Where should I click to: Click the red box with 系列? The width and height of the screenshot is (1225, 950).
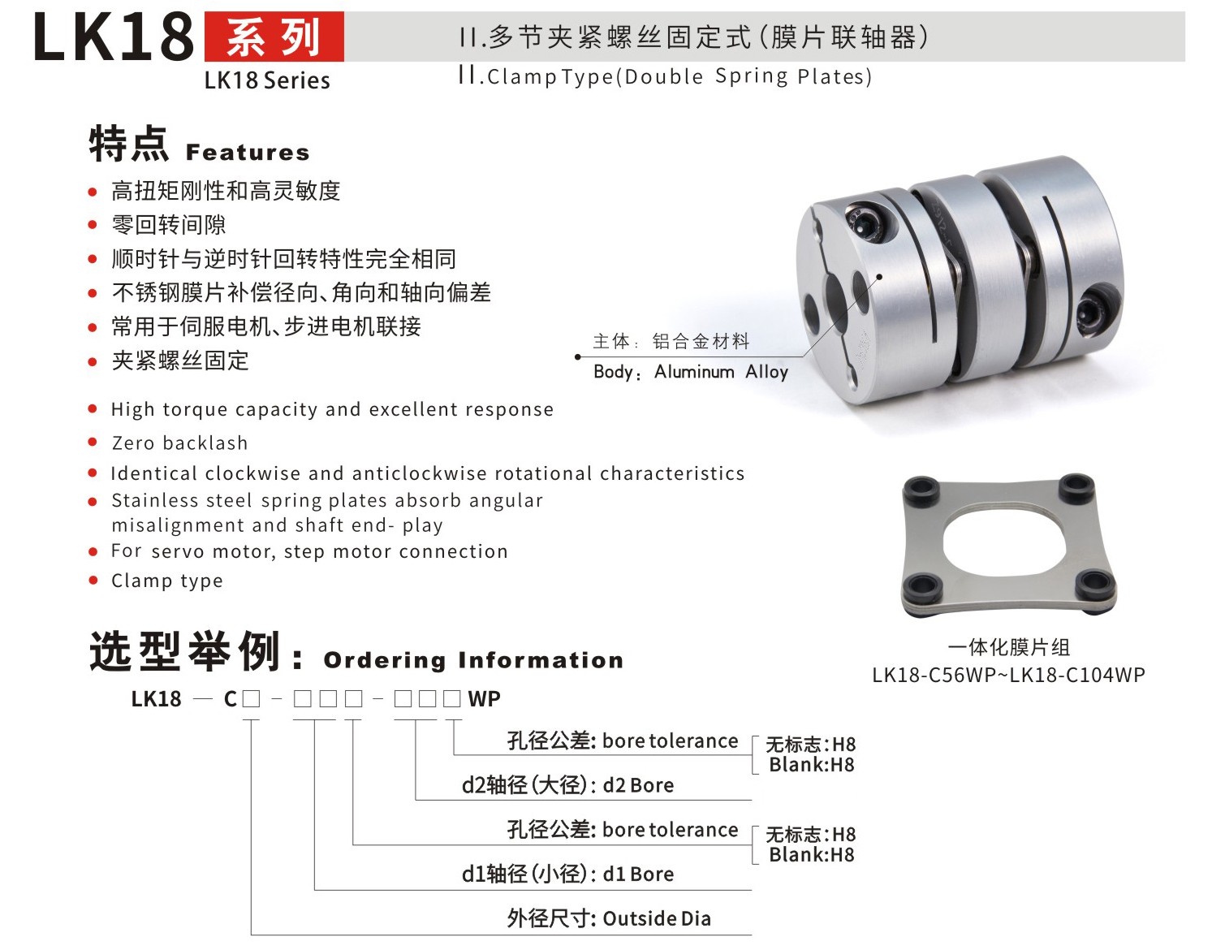pos(274,37)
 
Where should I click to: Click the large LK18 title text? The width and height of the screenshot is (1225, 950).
pos(114,38)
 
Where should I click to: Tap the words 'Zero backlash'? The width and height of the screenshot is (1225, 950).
pos(179,443)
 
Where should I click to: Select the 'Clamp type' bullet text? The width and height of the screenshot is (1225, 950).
pos(166,581)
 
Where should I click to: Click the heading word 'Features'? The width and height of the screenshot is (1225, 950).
pos(248,153)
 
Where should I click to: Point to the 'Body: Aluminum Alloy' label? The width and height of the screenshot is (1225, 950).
pos(690,372)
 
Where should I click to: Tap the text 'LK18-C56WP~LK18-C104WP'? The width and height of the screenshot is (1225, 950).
pos(1008,675)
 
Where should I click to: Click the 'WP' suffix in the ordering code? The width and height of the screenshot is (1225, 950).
pos(484,699)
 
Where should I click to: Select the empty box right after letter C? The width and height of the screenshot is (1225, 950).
pos(251,699)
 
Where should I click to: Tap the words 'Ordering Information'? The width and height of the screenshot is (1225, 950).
pos(473,661)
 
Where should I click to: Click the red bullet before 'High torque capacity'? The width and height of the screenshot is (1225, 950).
pos(93,409)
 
